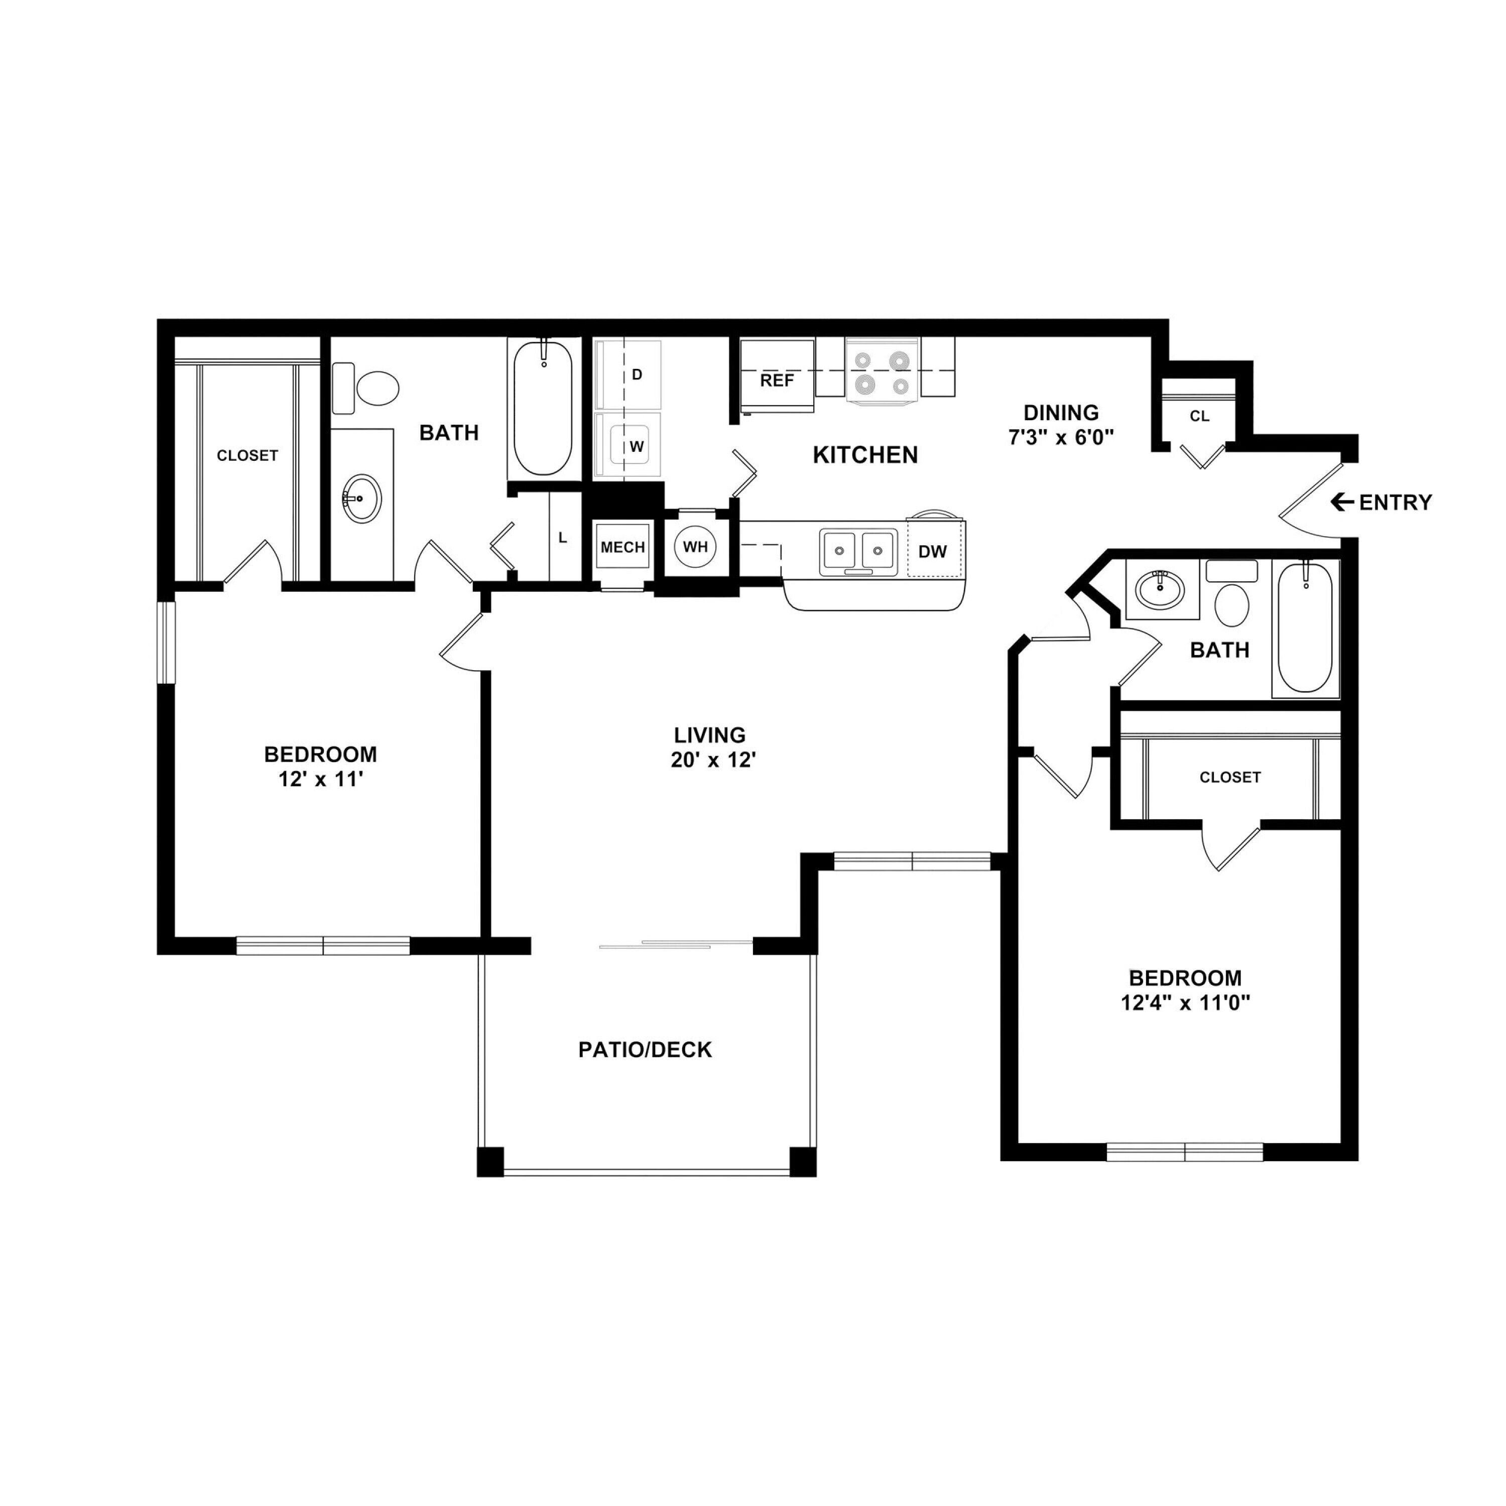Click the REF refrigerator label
point(777,381)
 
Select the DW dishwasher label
point(932,552)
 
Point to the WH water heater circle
point(695,547)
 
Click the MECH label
point(623,547)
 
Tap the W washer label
point(637,447)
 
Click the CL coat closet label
point(1200,416)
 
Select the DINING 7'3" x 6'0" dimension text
point(1061,437)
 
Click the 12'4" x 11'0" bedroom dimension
point(1186,1002)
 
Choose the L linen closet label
point(563,538)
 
